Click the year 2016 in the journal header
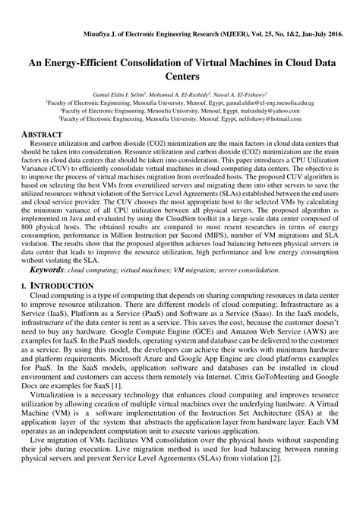[333, 36]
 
